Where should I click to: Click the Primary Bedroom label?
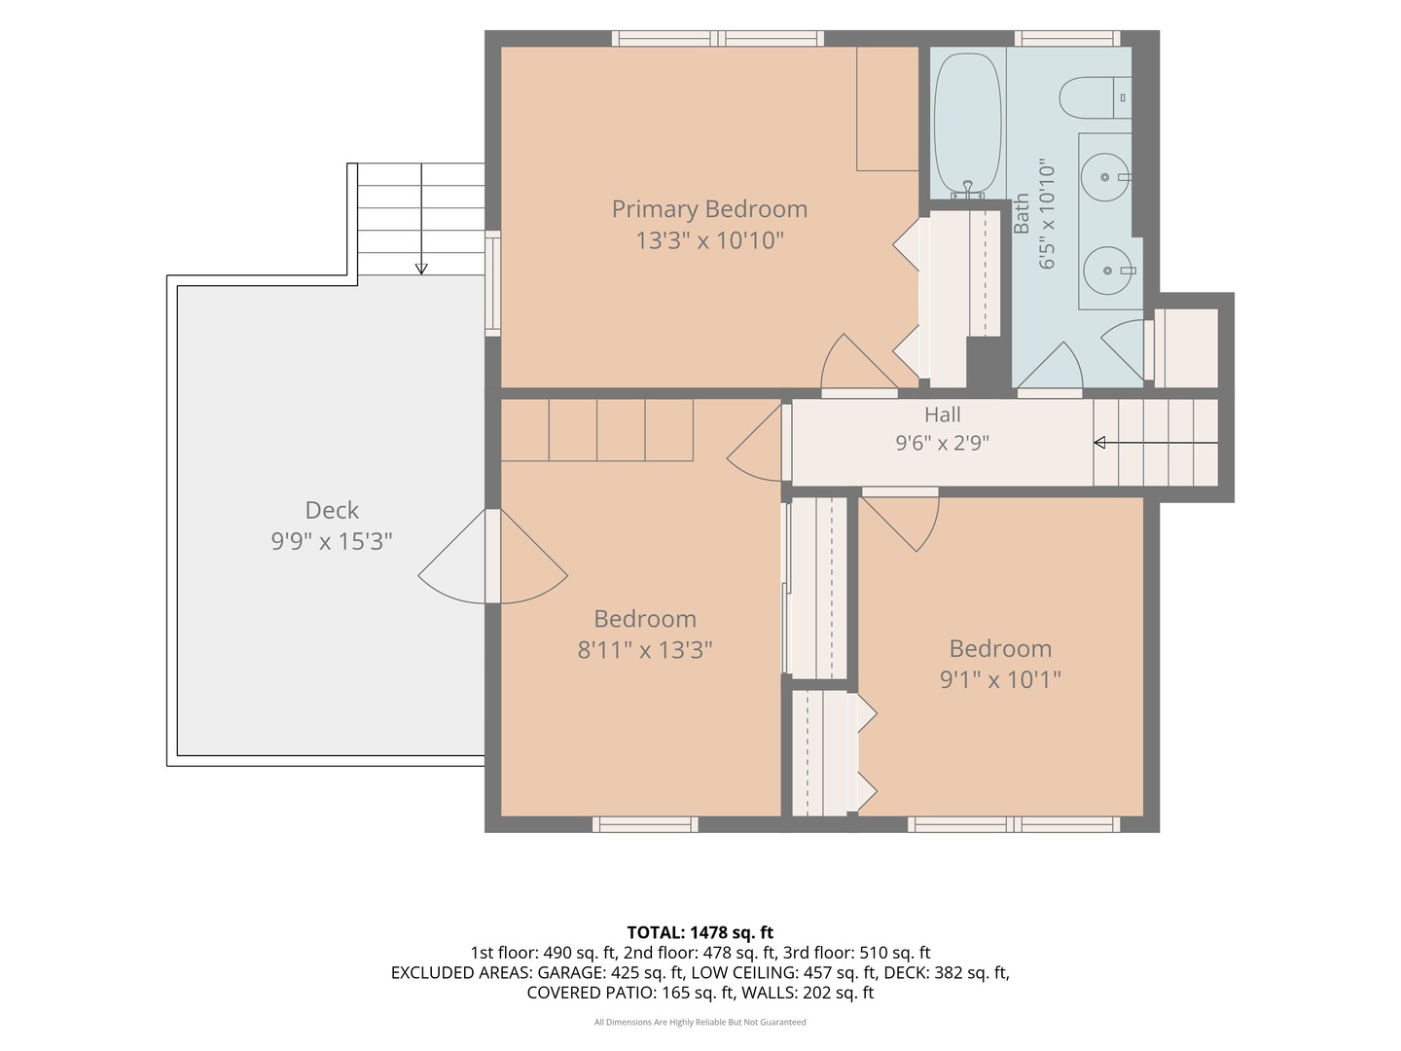point(709,209)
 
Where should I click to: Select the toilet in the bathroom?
point(1095,97)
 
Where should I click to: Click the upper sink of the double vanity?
point(1105,177)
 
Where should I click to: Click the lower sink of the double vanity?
point(1108,271)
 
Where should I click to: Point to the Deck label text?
point(331,510)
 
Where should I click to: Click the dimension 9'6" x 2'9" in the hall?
point(942,442)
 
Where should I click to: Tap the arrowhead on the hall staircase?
point(1099,442)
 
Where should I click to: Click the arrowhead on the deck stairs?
point(421,269)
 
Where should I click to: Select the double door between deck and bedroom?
point(492,557)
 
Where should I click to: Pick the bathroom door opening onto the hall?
point(1050,368)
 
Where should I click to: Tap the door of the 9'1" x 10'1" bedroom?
point(901,520)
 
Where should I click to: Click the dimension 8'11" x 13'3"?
point(645,650)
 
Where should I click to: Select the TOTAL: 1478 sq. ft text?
point(700,932)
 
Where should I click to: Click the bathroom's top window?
point(1067,38)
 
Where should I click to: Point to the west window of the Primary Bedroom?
point(492,283)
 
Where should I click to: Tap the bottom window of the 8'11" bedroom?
point(645,824)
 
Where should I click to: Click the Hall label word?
point(942,415)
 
